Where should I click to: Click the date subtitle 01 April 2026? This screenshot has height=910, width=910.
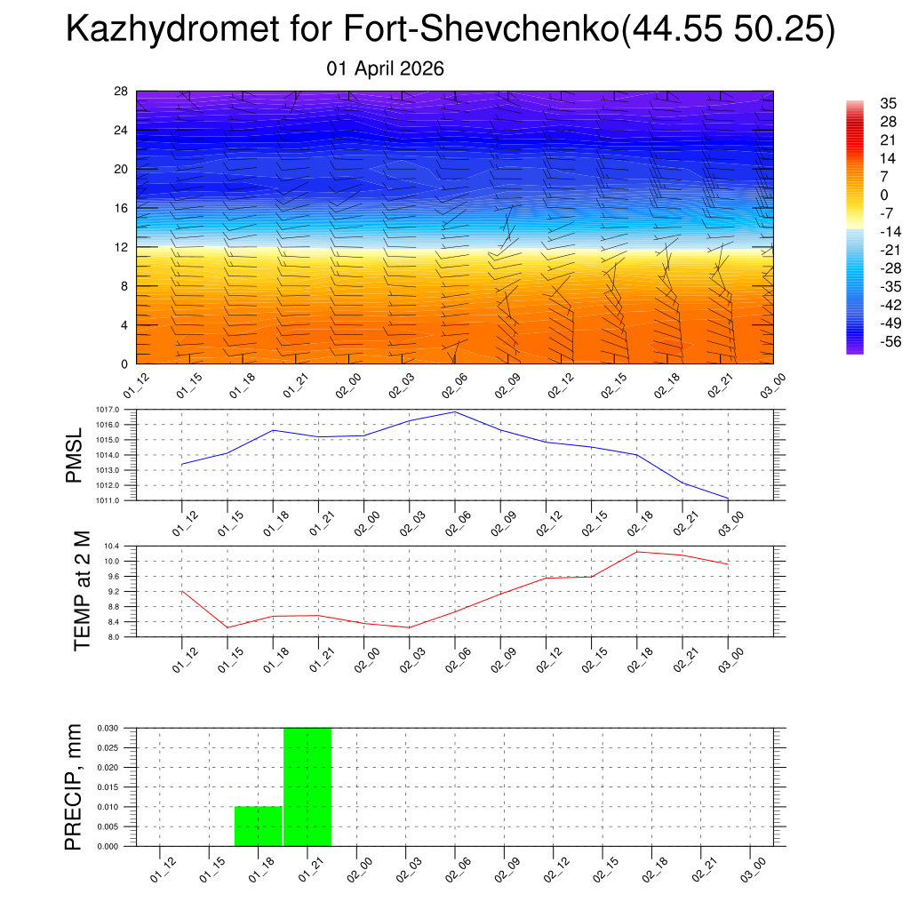tap(385, 68)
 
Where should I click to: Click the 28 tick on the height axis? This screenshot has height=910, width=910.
tap(122, 92)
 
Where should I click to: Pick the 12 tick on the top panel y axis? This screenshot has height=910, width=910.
tap(122, 247)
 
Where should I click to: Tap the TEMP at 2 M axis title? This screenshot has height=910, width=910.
tap(82, 591)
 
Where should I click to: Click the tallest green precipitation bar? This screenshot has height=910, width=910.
tap(307, 786)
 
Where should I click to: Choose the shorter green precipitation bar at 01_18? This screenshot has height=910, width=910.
tap(259, 826)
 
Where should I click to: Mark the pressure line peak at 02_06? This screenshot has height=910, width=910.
tap(455, 411)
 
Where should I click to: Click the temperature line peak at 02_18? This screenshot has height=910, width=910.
tap(637, 552)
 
